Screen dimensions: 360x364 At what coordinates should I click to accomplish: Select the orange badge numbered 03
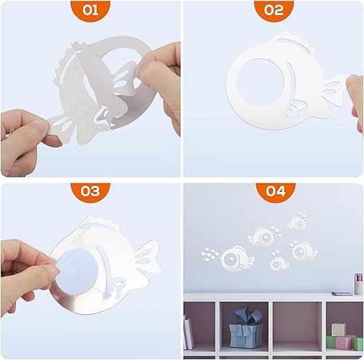pos(90,191)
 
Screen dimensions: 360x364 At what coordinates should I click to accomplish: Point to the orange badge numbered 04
pos(273,191)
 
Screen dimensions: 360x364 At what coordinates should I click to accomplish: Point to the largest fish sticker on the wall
pos(236,257)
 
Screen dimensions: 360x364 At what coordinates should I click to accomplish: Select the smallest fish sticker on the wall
pos(278,263)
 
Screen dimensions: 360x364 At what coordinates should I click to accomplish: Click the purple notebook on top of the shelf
pos(341,293)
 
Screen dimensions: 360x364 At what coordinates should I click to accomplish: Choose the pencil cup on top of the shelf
pos(358,284)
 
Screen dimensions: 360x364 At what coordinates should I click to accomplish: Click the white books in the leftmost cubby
pos(189,333)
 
